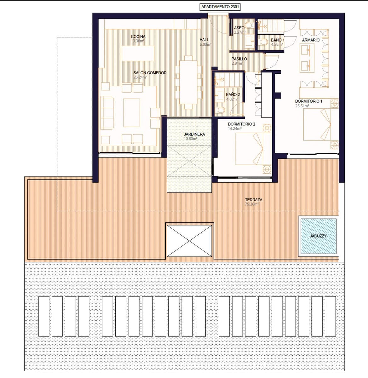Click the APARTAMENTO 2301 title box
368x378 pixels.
point(220,7)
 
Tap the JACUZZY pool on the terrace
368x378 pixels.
point(318,236)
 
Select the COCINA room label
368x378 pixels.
point(138,37)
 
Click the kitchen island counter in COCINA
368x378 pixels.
point(138,54)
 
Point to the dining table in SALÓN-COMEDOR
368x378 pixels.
point(188,82)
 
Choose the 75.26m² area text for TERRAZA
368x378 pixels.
point(251,204)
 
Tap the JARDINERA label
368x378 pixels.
point(194,134)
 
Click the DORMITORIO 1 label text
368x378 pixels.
point(308,101)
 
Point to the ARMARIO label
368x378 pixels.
point(311,40)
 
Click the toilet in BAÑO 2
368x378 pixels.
point(221,110)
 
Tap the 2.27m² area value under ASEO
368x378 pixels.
point(239,32)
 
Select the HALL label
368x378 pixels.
point(204,40)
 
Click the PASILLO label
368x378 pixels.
point(239,59)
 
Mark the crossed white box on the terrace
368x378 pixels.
point(189,241)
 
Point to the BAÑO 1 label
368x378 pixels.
point(278,40)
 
